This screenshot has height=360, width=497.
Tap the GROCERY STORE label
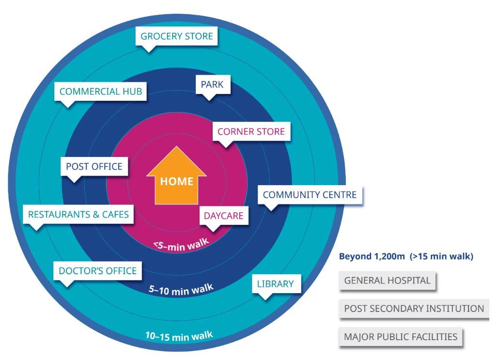[176, 36]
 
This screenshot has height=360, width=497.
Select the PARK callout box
[212, 84]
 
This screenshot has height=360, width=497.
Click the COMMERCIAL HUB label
[100, 91]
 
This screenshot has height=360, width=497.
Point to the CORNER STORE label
[251, 131]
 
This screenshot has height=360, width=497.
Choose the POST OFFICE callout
[94, 166]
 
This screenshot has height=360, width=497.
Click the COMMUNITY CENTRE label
[310, 195]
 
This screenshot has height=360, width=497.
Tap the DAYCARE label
[223, 216]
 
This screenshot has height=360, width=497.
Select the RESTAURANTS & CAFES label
[78, 214]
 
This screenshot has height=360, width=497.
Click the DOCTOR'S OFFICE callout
[97, 270]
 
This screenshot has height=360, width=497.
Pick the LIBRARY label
[275, 283]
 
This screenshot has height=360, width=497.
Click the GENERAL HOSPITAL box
[387, 281]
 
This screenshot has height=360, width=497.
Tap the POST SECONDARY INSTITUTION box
[414, 309]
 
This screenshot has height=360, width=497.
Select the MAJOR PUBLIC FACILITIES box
[401, 337]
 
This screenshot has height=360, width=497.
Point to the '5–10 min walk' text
[181, 290]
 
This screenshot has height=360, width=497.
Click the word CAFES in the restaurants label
[114, 214]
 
